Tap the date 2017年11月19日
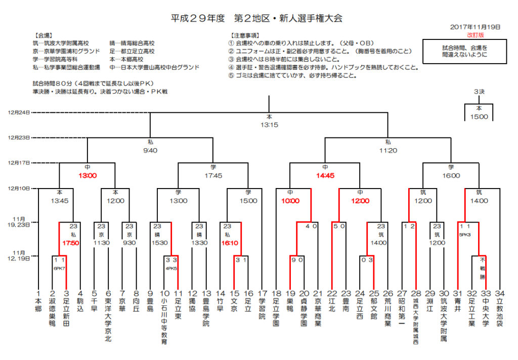pyautogui.click(x=474, y=27)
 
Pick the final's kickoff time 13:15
pyautogui.click(x=269, y=124)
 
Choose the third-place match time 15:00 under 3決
pyautogui.click(x=479, y=117)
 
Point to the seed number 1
pyautogui.click(x=38, y=293)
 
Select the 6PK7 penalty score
pyautogui.click(x=59, y=268)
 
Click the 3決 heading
pyautogui.click(x=479, y=92)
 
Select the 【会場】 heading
pyautogui.click(x=42, y=36)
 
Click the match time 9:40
pyautogui.click(x=151, y=150)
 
